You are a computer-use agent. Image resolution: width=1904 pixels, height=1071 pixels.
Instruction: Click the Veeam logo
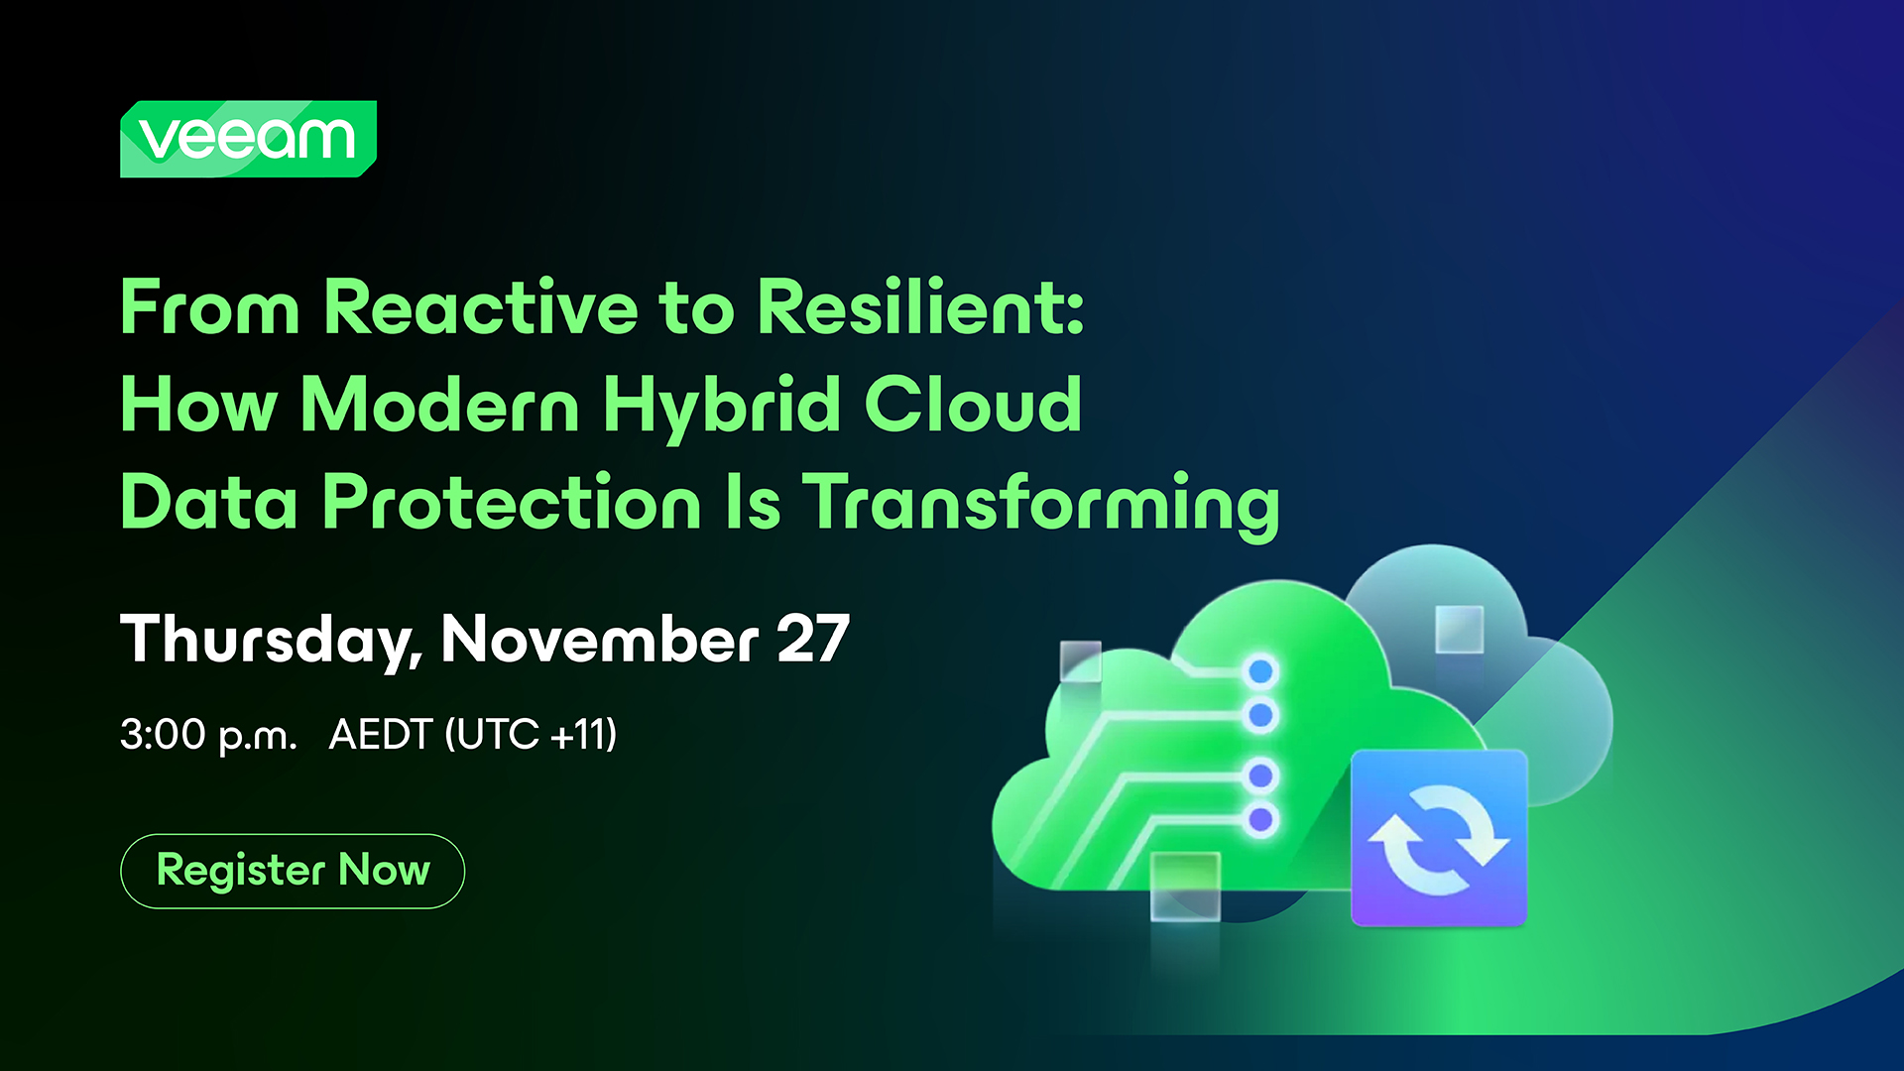tap(248, 139)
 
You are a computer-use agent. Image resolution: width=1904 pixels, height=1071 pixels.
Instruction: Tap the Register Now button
tap(293, 871)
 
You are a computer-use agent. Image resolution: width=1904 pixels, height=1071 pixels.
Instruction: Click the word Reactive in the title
tap(481, 307)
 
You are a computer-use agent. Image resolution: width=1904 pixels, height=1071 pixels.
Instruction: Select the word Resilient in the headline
tap(920, 307)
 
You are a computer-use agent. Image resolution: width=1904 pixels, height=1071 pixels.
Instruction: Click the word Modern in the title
tap(440, 405)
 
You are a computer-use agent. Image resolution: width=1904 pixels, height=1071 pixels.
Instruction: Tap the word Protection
tap(512, 502)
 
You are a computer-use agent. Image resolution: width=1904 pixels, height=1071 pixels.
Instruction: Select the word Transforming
tap(1041, 506)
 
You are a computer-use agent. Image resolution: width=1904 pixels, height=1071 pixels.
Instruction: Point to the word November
tap(600, 639)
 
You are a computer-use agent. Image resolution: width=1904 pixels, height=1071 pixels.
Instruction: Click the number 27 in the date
tap(813, 639)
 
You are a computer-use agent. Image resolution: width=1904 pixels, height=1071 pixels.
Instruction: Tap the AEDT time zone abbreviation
tap(381, 735)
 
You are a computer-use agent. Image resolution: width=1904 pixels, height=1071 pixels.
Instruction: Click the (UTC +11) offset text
tap(531, 735)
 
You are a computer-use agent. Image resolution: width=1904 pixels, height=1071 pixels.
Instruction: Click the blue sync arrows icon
tap(1439, 839)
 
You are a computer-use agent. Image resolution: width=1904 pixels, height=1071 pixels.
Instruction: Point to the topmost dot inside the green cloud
tap(1261, 671)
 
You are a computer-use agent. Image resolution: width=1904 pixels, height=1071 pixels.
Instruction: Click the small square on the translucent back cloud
tap(1460, 629)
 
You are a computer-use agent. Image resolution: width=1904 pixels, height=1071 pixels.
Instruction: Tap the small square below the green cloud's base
tap(1185, 886)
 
